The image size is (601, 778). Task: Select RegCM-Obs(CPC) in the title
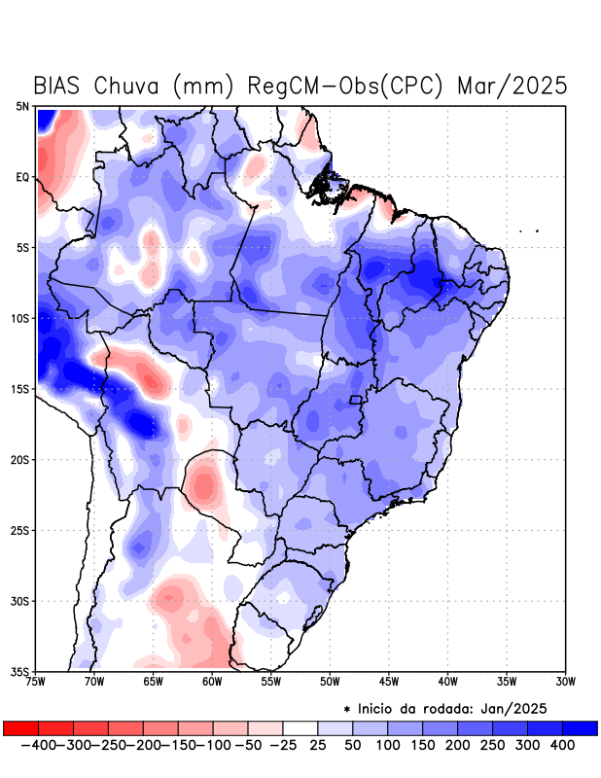[x=346, y=86]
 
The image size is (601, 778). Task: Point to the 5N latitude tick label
[x=22, y=106]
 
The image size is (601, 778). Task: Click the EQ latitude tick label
[x=22, y=177]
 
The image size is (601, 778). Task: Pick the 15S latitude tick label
[x=20, y=389]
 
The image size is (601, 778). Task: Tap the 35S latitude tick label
[x=20, y=672]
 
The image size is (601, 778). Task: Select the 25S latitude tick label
[x=20, y=531]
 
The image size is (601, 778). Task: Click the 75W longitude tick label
[x=37, y=682]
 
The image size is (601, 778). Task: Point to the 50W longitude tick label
[x=330, y=682]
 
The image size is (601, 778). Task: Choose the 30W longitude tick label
[x=566, y=682]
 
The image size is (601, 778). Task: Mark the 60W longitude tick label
[x=212, y=682]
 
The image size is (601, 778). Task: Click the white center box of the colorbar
[x=300, y=727]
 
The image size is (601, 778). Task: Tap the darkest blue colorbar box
[x=581, y=727]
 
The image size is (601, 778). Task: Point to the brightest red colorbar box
[x=20, y=727]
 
